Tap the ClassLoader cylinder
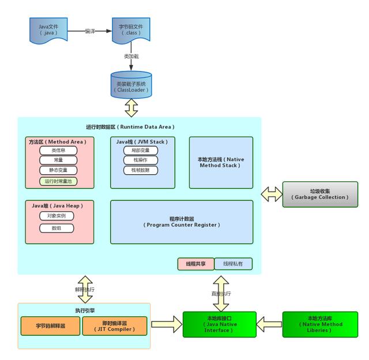131,85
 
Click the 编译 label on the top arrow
90,31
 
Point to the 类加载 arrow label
131,57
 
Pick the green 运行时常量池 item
59,181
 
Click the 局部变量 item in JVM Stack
140,151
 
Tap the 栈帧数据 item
140,170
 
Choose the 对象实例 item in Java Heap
57,216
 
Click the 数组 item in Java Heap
57,228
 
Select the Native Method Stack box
221,162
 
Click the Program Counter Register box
182,222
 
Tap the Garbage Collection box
319,194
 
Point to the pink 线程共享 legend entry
195,264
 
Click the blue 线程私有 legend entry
234,264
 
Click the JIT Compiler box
115,326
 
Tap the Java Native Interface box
218,324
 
